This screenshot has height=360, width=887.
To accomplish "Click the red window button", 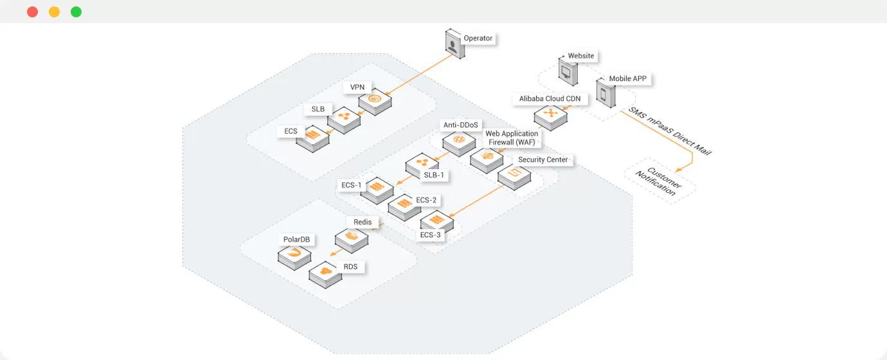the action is [x=33, y=12].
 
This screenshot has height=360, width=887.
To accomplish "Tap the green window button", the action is [x=76, y=12].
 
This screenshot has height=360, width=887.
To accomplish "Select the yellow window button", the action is [x=54, y=12].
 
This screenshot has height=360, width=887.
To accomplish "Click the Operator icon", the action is [x=454, y=44].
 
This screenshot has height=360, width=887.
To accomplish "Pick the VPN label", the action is [x=357, y=87].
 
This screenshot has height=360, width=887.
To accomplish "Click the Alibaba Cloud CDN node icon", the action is [x=550, y=117].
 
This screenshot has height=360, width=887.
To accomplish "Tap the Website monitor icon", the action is [x=568, y=71].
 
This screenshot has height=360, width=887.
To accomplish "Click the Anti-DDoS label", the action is [x=460, y=125].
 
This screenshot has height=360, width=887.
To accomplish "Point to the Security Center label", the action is [x=543, y=159].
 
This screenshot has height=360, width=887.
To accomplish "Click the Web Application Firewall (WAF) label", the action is [x=512, y=138].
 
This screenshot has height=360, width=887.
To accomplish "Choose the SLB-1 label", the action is [x=434, y=175].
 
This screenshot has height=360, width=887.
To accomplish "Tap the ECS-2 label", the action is [x=426, y=200].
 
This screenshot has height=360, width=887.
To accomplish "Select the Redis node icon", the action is [x=352, y=240].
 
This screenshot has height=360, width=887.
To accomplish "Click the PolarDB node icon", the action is [x=294, y=256].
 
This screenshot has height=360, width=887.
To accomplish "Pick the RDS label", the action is [x=350, y=267].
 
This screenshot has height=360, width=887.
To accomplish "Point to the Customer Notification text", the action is [x=659, y=181].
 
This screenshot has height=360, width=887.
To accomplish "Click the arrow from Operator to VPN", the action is [x=419, y=75].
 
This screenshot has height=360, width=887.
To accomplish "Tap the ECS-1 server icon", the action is [x=377, y=190].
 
